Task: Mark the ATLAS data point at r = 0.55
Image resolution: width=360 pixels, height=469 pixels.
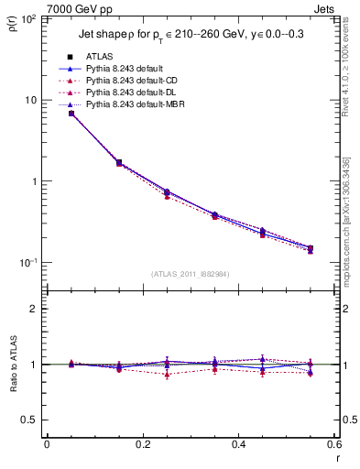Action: coord(311,248)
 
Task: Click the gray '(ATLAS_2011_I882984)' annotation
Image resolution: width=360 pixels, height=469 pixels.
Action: coord(190,274)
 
